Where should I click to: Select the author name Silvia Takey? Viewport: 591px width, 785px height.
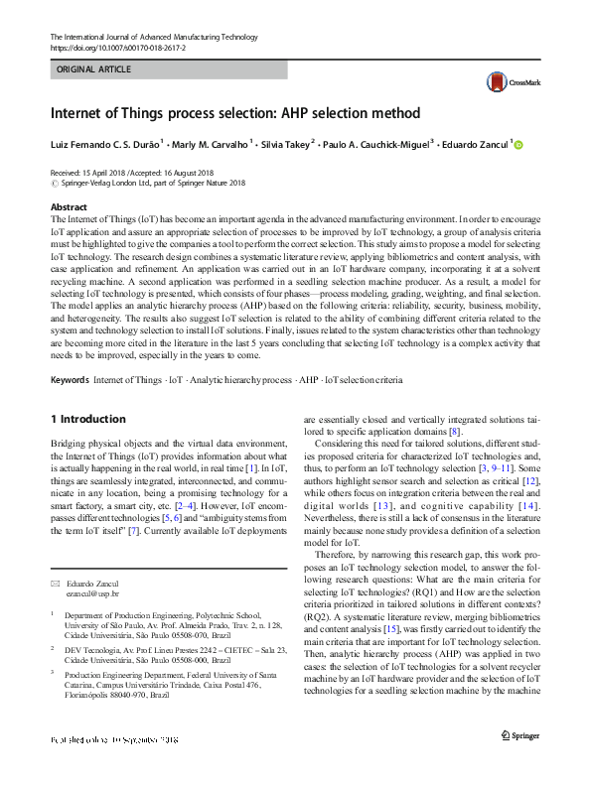point(285,144)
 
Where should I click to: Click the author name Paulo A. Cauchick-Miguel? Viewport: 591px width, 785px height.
point(379,144)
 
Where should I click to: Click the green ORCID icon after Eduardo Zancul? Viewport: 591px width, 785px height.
point(518,145)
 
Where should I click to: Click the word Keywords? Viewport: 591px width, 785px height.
point(69,381)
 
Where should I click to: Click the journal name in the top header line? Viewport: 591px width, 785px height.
point(147,36)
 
